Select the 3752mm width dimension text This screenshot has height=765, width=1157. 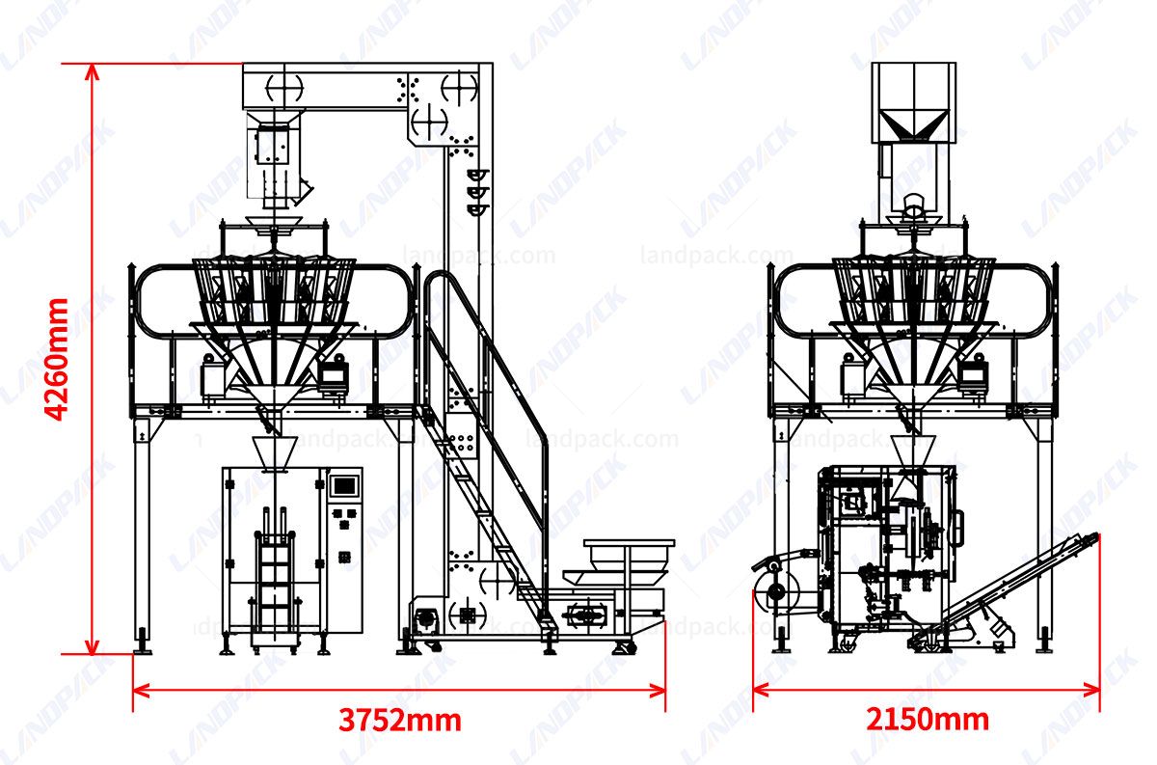tap(399, 720)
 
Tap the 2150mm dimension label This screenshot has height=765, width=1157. tap(927, 720)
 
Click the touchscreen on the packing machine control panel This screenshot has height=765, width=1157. tap(344, 485)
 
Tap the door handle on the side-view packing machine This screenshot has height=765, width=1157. tap(957, 526)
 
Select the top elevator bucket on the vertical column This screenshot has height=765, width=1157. tap(477, 175)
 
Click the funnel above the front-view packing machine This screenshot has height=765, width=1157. tap(273, 451)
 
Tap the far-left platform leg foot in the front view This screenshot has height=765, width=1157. tap(143, 642)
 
